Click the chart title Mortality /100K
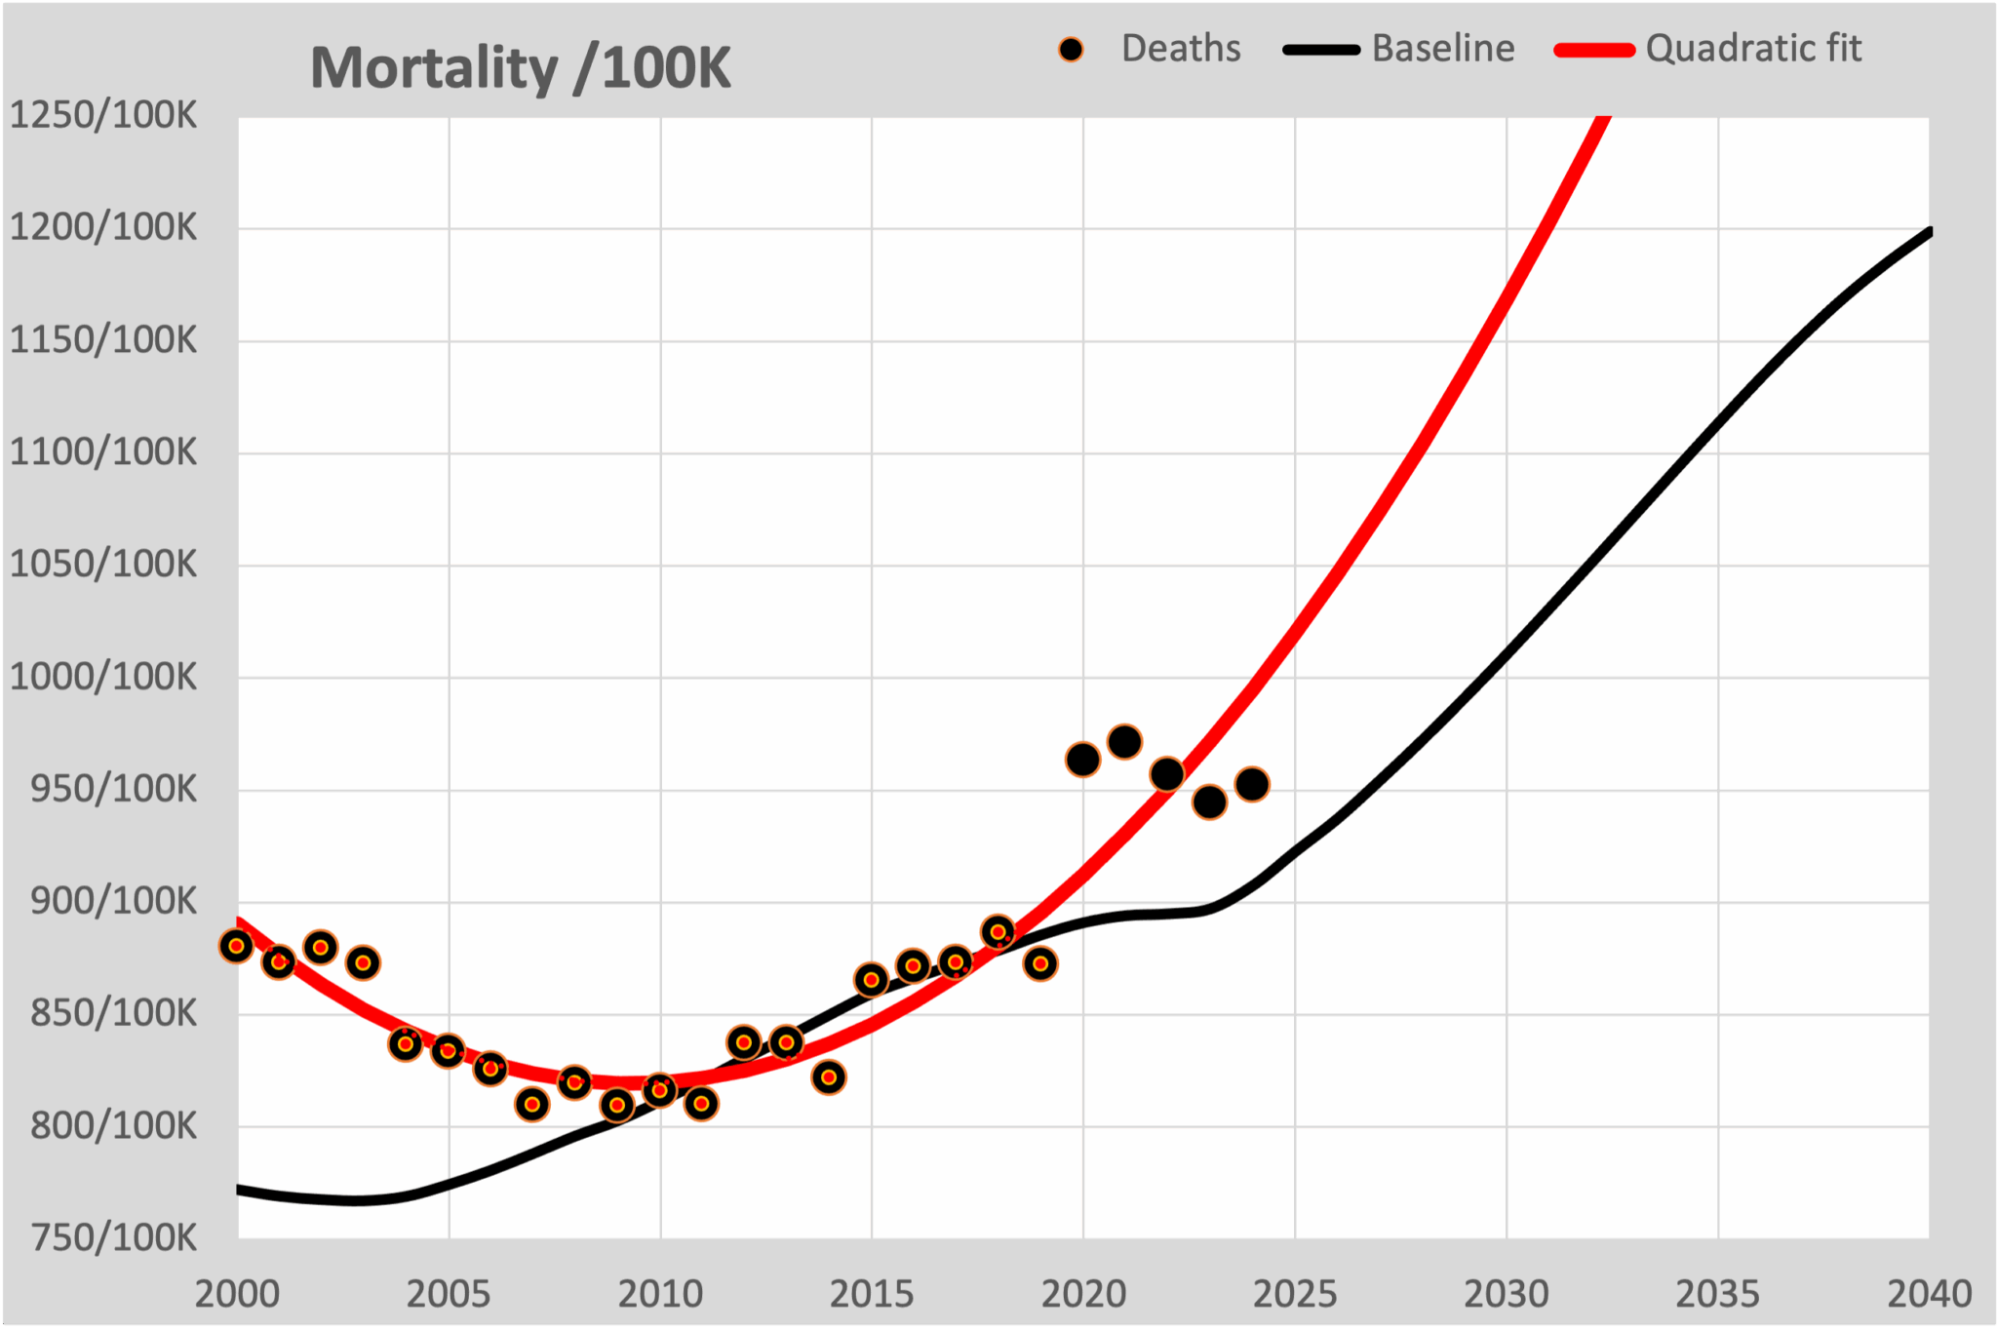click(x=520, y=68)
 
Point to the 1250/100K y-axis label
click(x=103, y=116)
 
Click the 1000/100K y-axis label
click(x=103, y=677)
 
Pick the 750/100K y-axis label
click(x=113, y=1238)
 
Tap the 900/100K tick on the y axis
click(x=113, y=902)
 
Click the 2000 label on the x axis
click(x=237, y=1295)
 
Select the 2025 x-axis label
click(x=1294, y=1295)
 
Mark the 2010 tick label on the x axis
click(x=660, y=1295)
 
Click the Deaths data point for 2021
click(x=1124, y=742)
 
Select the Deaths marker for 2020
click(x=1082, y=760)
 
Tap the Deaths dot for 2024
click(x=1252, y=784)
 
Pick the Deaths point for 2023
click(x=1209, y=803)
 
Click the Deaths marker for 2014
click(x=829, y=1077)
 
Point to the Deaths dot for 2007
click(x=532, y=1105)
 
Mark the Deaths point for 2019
click(x=1040, y=964)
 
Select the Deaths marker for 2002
click(x=321, y=947)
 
